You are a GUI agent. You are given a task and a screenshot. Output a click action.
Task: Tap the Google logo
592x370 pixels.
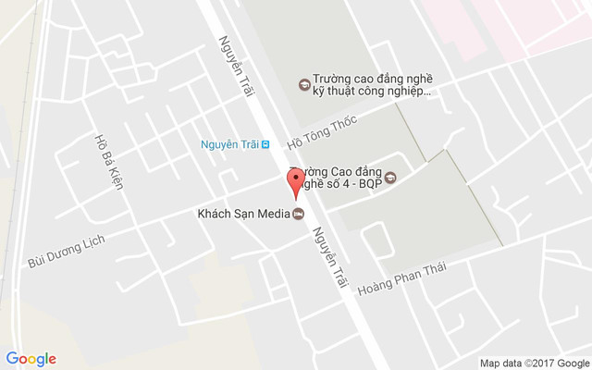point(31,359)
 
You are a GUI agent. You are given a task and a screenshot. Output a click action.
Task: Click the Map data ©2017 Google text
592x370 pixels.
point(534,362)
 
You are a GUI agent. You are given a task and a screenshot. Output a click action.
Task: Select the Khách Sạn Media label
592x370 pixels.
point(243,215)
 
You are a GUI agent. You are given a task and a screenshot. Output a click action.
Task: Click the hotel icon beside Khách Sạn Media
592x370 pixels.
point(298,216)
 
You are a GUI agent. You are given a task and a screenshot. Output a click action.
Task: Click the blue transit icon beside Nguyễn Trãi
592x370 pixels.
point(266,144)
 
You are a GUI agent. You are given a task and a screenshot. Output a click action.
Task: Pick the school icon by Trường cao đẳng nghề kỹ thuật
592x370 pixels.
point(302,85)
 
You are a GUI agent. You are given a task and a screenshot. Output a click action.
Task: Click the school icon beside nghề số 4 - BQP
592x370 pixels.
point(389,179)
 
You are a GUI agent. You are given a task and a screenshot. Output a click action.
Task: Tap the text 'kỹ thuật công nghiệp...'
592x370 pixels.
point(372,92)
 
